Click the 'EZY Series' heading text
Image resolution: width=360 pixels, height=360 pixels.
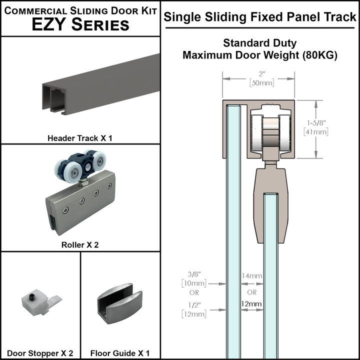point(80,24)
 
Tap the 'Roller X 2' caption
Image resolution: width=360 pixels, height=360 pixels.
point(80,245)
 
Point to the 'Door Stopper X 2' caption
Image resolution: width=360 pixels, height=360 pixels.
point(40,353)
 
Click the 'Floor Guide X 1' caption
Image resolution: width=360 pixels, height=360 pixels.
point(120,353)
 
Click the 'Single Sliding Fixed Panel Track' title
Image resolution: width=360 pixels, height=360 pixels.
point(260,17)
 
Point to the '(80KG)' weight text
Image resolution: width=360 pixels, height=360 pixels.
point(320,55)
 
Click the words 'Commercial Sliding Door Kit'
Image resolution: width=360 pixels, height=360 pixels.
point(80,10)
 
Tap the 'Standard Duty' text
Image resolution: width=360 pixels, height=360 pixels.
point(260,43)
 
